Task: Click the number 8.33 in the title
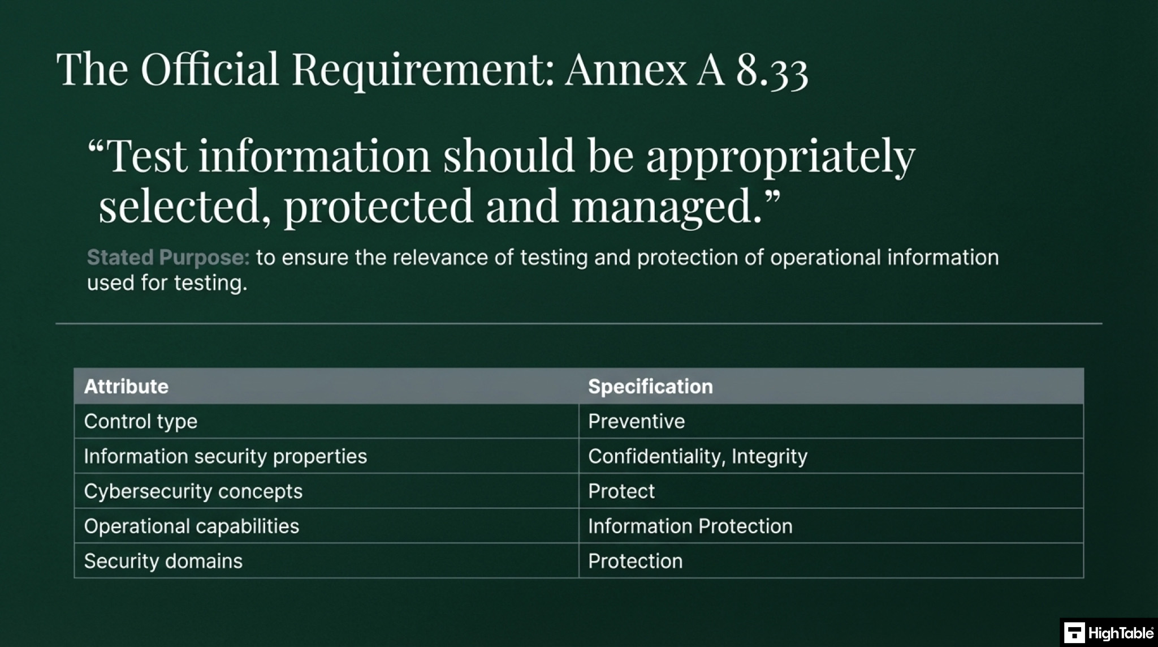[x=772, y=70]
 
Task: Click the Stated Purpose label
[x=168, y=258]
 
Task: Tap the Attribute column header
[x=126, y=387]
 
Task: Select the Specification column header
[x=650, y=387]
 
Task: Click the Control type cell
[x=141, y=422]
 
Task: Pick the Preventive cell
[x=636, y=422]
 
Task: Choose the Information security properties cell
[x=225, y=456]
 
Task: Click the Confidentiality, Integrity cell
[x=697, y=456]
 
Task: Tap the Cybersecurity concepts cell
[x=193, y=491]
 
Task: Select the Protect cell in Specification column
[x=621, y=491]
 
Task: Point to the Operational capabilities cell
[x=191, y=526]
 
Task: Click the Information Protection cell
[x=690, y=526]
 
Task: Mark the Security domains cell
[x=163, y=562]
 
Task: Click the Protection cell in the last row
[x=635, y=562]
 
